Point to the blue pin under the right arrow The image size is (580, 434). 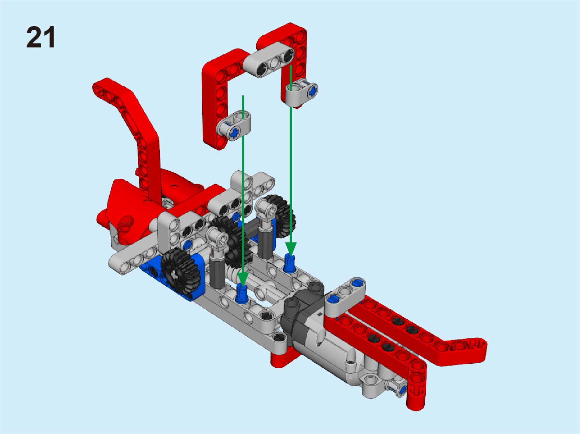(x=289, y=264)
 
